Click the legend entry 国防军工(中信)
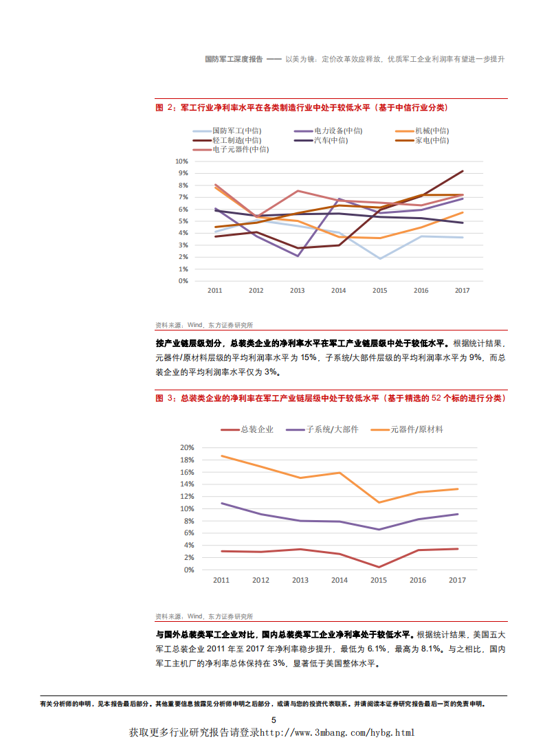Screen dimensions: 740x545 [237, 131]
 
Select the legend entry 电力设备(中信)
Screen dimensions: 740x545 [338, 131]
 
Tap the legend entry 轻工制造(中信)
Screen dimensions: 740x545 [237, 140]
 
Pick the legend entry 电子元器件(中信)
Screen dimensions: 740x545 [241, 149]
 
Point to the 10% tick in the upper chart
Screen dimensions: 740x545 [181, 161]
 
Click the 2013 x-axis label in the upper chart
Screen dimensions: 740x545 [297, 291]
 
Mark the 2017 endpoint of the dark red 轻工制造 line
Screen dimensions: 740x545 [463, 171]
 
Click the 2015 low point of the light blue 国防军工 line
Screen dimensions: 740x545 [380, 258]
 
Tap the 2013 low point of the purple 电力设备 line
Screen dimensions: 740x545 [298, 256]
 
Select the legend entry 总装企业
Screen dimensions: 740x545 [256, 429]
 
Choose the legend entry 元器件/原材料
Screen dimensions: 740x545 [416, 429]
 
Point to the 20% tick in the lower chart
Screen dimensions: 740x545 [187, 447]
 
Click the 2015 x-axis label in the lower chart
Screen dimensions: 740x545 [378, 580]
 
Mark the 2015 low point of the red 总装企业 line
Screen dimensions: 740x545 [378, 567]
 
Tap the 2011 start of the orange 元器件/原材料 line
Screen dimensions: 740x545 [221, 456]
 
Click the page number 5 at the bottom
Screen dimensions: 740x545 [273, 720]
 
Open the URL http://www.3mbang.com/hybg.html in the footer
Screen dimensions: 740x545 [337, 732]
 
